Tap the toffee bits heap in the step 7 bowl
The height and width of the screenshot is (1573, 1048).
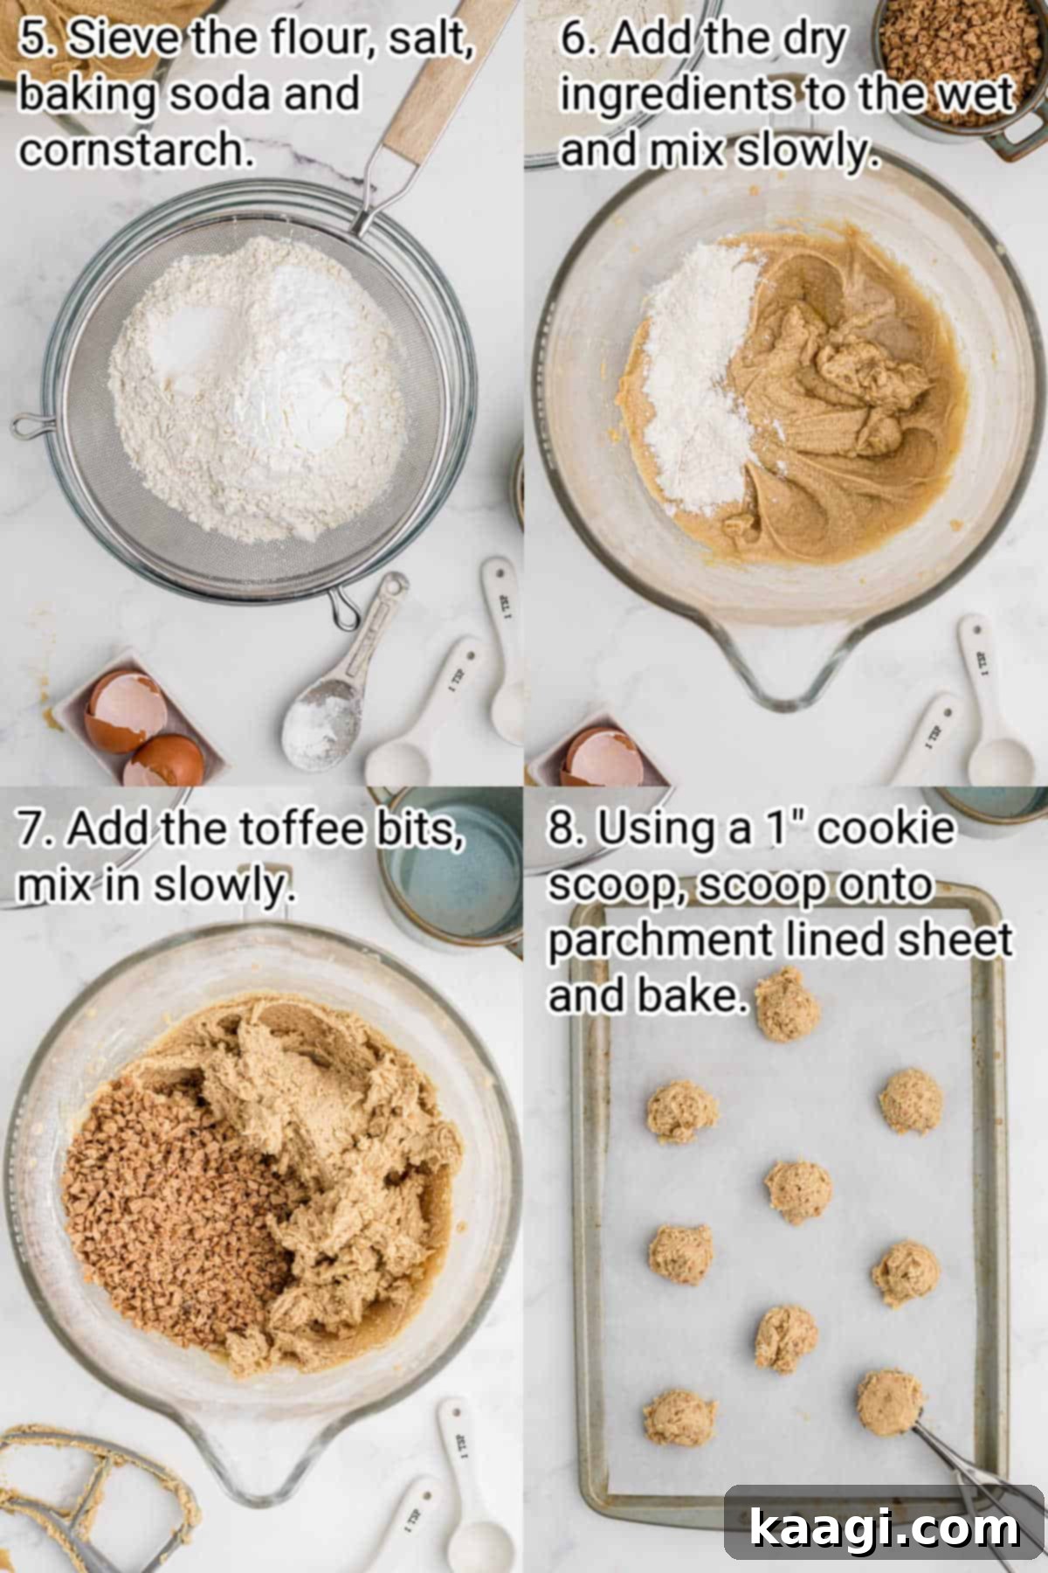(166, 1206)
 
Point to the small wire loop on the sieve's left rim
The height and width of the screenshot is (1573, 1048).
(31, 426)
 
